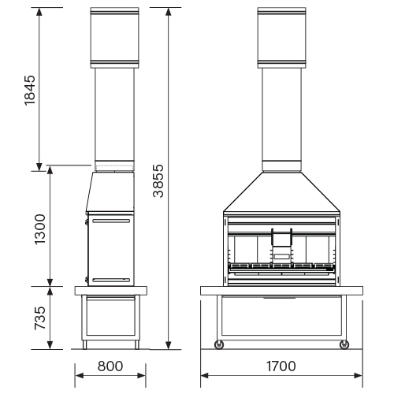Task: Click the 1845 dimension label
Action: click(x=30, y=91)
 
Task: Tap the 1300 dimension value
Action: click(x=40, y=229)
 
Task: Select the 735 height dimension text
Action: click(x=40, y=318)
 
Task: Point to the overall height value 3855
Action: click(x=158, y=180)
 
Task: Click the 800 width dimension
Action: click(x=110, y=366)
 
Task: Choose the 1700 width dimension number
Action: click(x=281, y=366)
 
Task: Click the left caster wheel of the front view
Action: click(x=219, y=344)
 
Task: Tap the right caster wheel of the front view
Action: click(x=344, y=344)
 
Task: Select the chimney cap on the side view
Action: click(x=114, y=38)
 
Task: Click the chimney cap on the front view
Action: click(x=281, y=38)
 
